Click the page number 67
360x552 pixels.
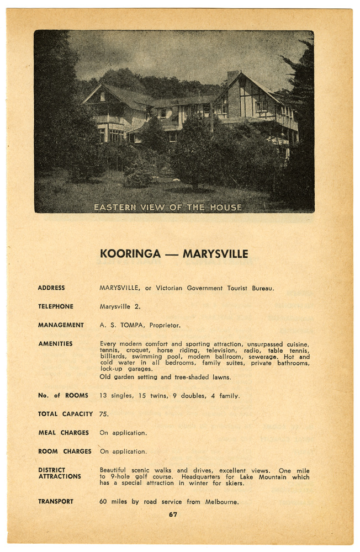click(x=173, y=514)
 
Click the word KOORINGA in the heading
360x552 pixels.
click(x=130, y=254)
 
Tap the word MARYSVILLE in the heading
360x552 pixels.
click(x=215, y=254)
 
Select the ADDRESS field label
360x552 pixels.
click(x=51, y=288)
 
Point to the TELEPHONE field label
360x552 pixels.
click(x=56, y=306)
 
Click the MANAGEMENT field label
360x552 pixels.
click(x=61, y=325)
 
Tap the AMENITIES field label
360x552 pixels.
click(x=55, y=344)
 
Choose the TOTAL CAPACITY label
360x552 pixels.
click(x=65, y=414)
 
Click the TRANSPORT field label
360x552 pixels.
click(x=56, y=502)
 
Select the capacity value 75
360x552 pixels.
click(x=104, y=414)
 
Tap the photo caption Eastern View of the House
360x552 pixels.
click(x=168, y=208)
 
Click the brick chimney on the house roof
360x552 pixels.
click(x=232, y=77)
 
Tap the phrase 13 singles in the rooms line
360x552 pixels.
click(x=115, y=396)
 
